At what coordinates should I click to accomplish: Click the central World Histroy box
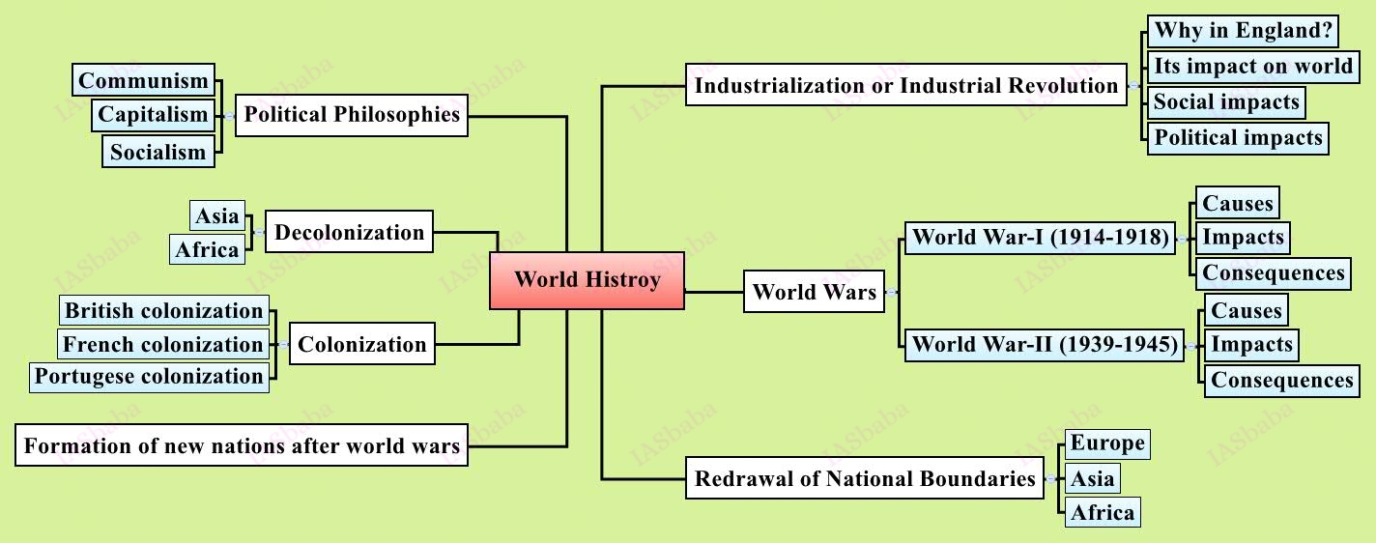(587, 280)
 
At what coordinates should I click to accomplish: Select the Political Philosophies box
(352, 115)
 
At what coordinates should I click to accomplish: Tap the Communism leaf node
(143, 80)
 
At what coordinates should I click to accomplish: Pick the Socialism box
(158, 152)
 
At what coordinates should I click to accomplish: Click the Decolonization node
(349, 232)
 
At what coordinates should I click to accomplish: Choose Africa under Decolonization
(207, 249)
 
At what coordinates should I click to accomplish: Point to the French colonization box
(162, 344)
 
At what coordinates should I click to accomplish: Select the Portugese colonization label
(149, 377)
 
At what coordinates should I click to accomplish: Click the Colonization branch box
(361, 344)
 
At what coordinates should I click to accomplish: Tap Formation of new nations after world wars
(242, 445)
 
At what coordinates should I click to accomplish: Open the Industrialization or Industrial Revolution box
(906, 85)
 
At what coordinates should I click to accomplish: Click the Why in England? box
(1243, 31)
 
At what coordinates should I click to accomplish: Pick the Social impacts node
(1226, 102)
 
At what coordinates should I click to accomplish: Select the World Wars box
(814, 291)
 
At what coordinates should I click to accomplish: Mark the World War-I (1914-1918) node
(1040, 237)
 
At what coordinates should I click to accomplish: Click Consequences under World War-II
(1282, 381)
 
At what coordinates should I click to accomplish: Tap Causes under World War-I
(1238, 203)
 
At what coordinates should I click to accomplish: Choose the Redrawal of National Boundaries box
(865, 478)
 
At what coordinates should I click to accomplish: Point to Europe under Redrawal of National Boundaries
(1107, 444)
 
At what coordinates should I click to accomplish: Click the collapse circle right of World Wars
(892, 293)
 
